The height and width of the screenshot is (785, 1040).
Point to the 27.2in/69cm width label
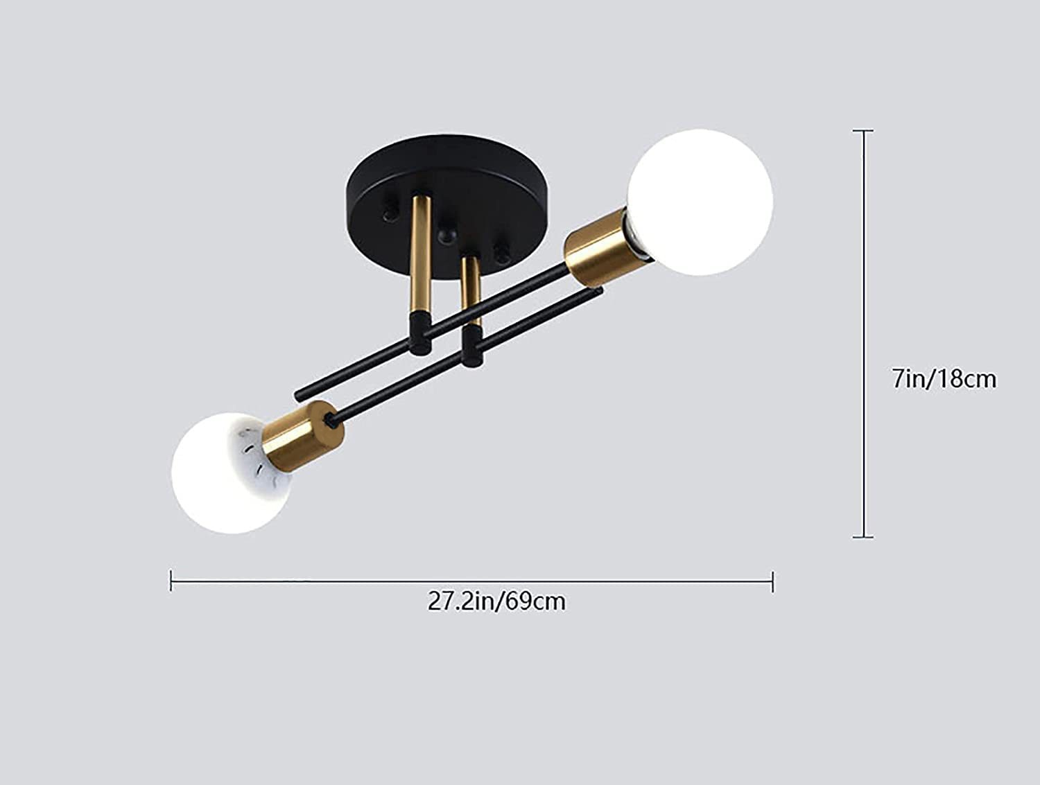click(x=496, y=601)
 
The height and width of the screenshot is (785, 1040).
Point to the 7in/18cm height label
click(x=944, y=379)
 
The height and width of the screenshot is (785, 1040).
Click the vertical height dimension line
click(x=863, y=333)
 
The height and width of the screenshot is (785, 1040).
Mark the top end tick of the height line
click(x=863, y=130)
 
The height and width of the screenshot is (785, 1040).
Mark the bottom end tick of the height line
click(x=863, y=536)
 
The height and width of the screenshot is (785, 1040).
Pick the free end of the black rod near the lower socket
click(x=300, y=396)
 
